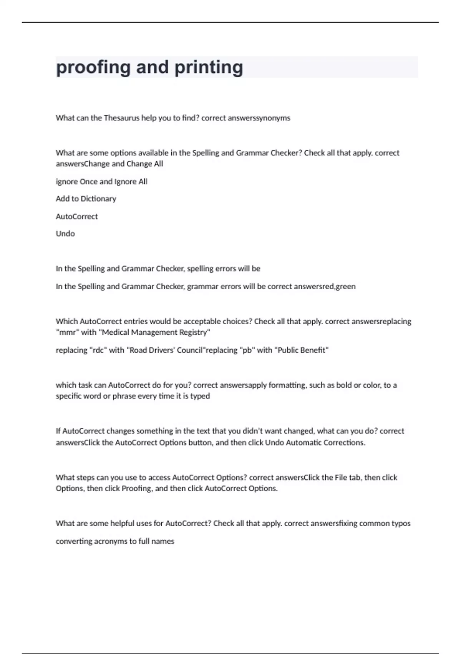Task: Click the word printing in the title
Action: (x=209, y=67)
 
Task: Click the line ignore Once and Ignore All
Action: (x=101, y=182)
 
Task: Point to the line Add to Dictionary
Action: (x=86, y=199)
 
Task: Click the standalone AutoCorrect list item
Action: (x=77, y=217)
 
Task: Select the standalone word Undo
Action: (x=65, y=234)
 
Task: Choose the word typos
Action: (x=401, y=524)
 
